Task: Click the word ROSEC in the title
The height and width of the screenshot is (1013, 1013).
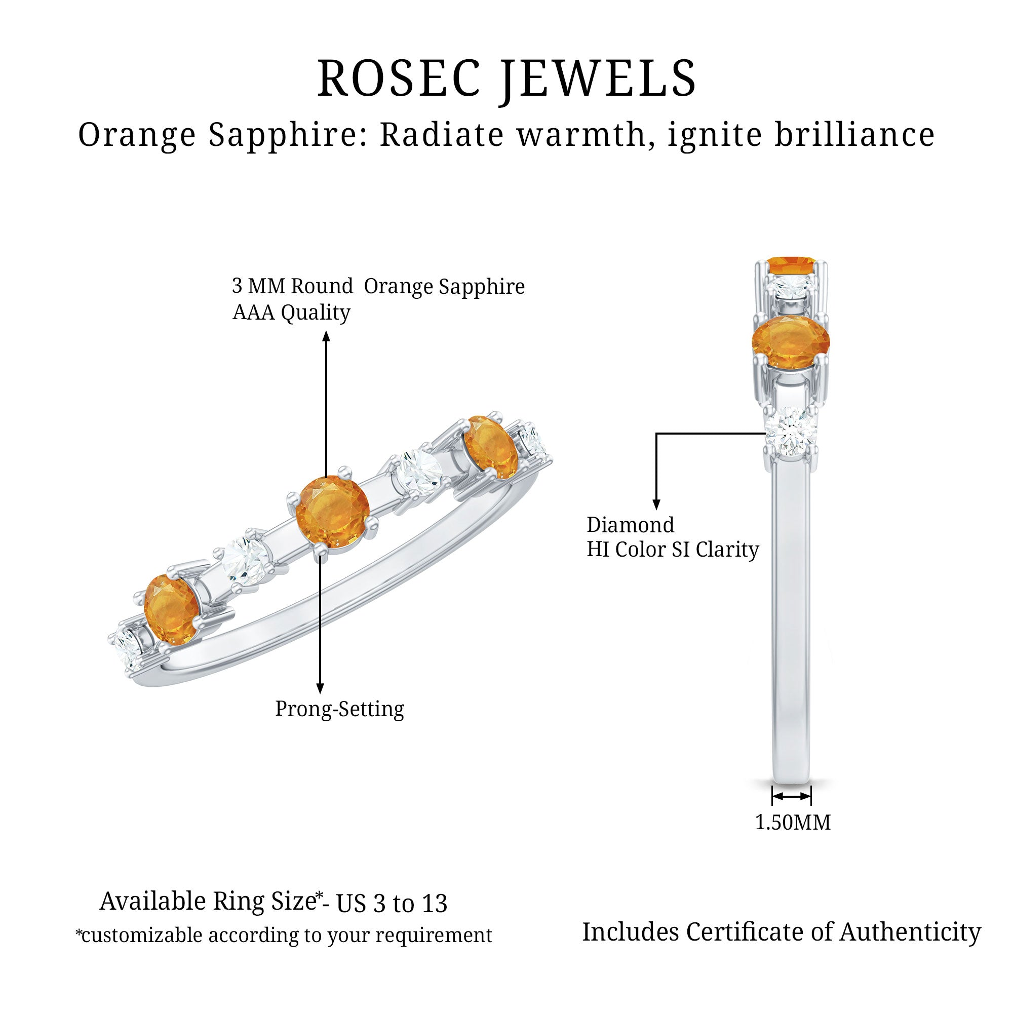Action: click(x=399, y=79)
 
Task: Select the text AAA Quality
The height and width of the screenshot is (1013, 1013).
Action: click(x=291, y=313)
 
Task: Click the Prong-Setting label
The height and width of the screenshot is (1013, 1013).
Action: click(x=339, y=709)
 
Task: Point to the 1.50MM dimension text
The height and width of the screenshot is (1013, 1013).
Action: click(x=792, y=822)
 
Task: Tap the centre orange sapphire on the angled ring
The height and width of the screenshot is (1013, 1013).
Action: click(x=332, y=512)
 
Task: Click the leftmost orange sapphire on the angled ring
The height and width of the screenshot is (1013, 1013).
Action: click(x=172, y=609)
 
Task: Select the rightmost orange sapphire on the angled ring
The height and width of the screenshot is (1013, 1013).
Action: click(x=491, y=447)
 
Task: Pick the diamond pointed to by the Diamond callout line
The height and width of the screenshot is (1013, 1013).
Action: click(x=790, y=433)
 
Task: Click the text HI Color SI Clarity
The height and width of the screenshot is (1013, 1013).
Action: click(x=672, y=550)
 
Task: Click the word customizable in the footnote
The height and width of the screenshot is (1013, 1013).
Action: click(x=142, y=935)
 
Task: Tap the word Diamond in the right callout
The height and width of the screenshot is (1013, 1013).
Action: click(x=630, y=525)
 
